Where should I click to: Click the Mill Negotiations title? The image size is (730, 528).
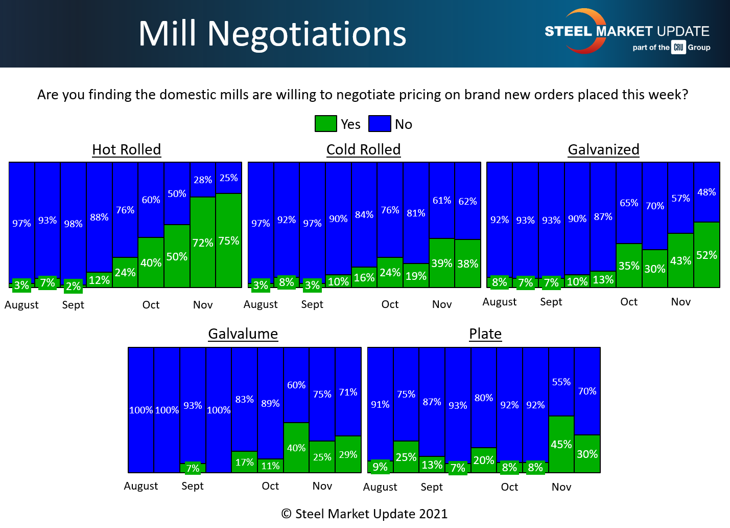tap(272, 34)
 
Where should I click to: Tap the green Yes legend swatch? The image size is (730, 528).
tap(325, 124)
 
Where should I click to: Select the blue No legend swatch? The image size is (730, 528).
tap(380, 124)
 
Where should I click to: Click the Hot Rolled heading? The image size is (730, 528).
tap(126, 149)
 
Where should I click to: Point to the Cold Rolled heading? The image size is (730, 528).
tap(363, 149)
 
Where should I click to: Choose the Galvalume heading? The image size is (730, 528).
tap(243, 334)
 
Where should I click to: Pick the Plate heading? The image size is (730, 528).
tap(485, 334)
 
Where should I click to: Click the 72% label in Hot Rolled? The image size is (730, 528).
tap(203, 243)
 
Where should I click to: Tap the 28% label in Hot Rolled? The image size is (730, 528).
tap(203, 180)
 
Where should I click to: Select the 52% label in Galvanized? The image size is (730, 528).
tap(707, 255)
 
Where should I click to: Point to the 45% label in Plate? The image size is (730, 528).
tap(561, 444)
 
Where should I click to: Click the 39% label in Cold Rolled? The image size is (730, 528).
tap(442, 263)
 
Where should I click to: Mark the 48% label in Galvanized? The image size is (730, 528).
tap(707, 192)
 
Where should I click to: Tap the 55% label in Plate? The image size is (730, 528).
tap(561, 382)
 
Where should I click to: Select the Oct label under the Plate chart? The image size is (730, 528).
tap(509, 487)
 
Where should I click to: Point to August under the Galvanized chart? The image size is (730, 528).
tap(499, 302)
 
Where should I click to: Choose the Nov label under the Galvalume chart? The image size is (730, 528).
tap(322, 486)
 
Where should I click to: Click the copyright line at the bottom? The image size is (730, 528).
tap(364, 514)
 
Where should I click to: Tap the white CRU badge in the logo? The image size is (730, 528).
tap(678, 47)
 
